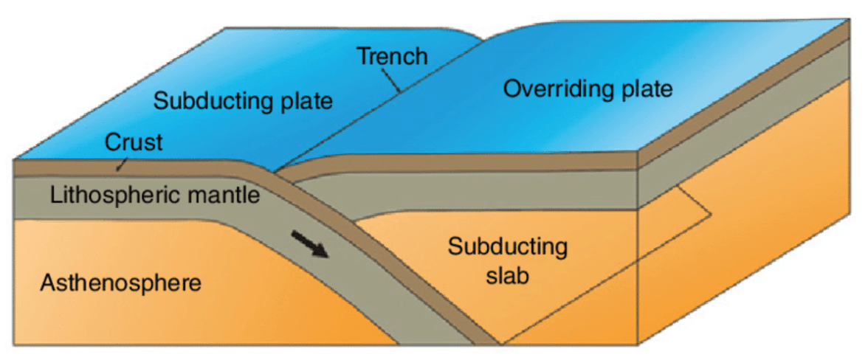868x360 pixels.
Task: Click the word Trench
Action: click(392, 56)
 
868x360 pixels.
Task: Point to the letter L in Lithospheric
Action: click(55, 195)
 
